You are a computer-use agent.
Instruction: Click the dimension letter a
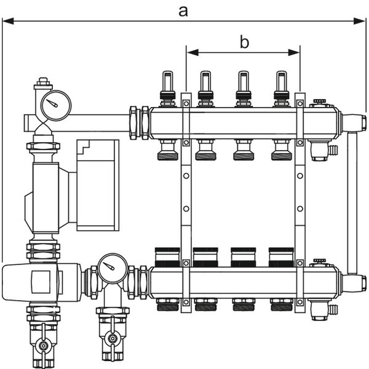click(x=183, y=12)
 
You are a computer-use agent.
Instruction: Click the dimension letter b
click(x=244, y=42)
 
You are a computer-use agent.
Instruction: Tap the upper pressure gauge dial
click(x=56, y=105)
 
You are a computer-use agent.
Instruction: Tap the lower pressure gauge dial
click(x=113, y=269)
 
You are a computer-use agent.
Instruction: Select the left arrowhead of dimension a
click(x=8, y=21)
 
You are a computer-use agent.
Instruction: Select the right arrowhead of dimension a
click(x=360, y=21)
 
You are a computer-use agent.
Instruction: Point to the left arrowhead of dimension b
click(x=192, y=52)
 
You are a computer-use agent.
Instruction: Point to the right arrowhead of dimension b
click(x=294, y=52)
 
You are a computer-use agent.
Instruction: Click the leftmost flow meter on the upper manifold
click(x=167, y=89)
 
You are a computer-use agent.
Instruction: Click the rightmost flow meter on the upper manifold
click(x=282, y=89)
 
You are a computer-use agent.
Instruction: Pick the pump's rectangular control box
click(x=98, y=185)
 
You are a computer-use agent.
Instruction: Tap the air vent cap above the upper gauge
click(x=43, y=84)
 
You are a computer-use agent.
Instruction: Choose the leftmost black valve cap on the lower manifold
click(x=167, y=257)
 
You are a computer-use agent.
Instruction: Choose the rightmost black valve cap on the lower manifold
click(x=281, y=257)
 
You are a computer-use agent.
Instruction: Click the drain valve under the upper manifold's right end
click(x=322, y=149)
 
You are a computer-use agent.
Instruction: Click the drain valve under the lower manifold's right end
click(x=322, y=309)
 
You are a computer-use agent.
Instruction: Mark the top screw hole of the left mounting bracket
click(x=186, y=103)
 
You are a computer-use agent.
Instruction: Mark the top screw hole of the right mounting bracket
click(x=300, y=103)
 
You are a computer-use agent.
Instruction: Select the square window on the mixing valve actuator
click(x=41, y=282)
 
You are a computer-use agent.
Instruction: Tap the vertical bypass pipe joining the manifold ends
click(x=352, y=202)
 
